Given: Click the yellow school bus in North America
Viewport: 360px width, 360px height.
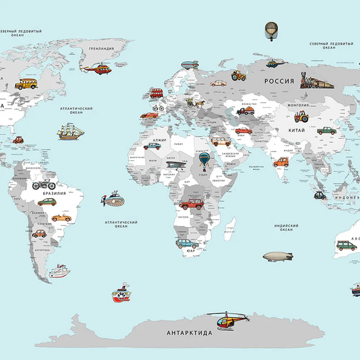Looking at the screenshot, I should pos(26,84).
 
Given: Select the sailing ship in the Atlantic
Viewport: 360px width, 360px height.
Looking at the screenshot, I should pos(70,132).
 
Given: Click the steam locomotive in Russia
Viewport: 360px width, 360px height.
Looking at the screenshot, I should pos(316,81).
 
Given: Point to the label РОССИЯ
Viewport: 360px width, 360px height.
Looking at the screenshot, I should pos(279,81).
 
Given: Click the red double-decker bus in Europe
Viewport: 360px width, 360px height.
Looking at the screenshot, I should pos(156,93).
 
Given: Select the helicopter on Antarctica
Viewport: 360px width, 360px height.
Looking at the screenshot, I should pos(228,320).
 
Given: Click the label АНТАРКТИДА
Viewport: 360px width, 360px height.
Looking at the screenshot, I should pos(189,333).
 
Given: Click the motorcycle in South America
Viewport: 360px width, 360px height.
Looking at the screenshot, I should pos(44,185).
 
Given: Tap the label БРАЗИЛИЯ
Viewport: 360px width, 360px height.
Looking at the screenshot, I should pos(54,193).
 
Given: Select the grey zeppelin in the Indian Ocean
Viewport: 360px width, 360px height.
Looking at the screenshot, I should pos(278,257).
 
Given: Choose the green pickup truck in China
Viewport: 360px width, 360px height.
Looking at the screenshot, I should pos(327,131).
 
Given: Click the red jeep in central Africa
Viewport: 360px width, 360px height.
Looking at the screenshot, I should pos(192,204).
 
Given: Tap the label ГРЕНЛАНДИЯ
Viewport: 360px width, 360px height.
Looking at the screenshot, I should pos(101,49).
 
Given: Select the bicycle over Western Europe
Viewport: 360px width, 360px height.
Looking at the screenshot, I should pos(158,108).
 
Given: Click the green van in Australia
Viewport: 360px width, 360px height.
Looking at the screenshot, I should pos(347,246).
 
